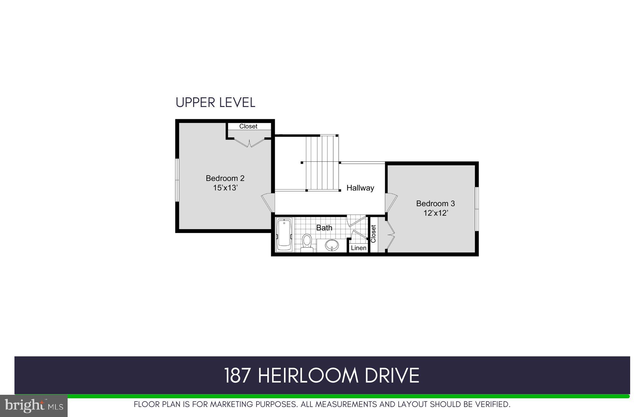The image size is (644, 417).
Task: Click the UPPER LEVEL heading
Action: (x=215, y=102)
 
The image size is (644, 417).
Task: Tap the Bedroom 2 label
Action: (x=225, y=178)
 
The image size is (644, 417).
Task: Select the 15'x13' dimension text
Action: (x=225, y=188)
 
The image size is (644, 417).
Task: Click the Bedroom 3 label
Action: (x=435, y=203)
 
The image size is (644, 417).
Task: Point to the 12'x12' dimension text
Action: (x=435, y=213)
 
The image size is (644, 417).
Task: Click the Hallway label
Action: (x=360, y=188)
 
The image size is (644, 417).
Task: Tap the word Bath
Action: (x=324, y=228)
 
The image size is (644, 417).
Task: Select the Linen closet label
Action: (x=358, y=248)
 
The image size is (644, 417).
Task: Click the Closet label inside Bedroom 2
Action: (x=248, y=126)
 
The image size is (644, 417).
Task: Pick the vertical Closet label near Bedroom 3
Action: (x=373, y=234)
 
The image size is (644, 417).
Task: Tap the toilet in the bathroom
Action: (x=307, y=243)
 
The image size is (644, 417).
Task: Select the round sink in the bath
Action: (x=332, y=245)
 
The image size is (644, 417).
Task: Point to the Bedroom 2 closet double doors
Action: (x=249, y=142)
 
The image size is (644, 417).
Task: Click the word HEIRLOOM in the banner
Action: (x=308, y=375)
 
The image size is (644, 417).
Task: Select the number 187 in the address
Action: (x=237, y=375)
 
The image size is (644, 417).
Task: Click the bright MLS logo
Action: (x=33, y=406)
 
